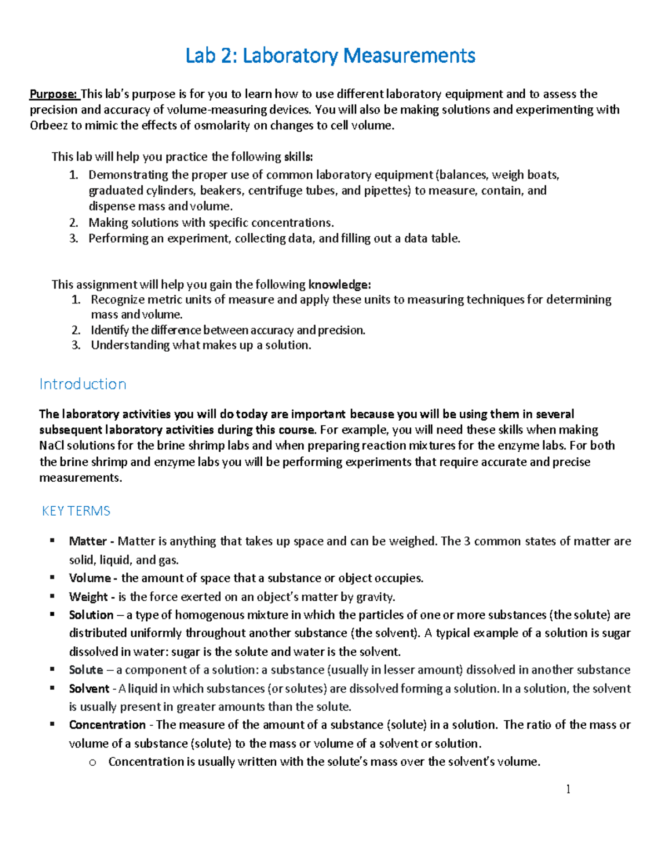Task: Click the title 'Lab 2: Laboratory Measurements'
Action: click(x=330, y=56)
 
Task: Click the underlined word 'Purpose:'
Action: click(x=53, y=94)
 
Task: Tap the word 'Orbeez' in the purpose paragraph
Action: click(x=48, y=125)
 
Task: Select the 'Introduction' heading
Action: click(x=83, y=384)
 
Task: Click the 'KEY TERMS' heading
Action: click(x=76, y=511)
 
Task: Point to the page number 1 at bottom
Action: click(x=568, y=789)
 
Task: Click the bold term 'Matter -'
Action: click(x=92, y=541)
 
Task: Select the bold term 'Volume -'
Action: click(x=93, y=578)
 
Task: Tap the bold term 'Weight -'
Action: click(x=92, y=597)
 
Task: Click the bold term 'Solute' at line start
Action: click(x=86, y=670)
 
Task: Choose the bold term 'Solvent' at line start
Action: click(x=89, y=689)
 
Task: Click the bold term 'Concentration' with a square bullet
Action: click(x=107, y=725)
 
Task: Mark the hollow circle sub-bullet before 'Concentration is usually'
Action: click(x=92, y=762)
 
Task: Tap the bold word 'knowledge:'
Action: click(x=339, y=285)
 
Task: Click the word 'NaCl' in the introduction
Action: click(x=51, y=446)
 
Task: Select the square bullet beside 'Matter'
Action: click(x=52, y=540)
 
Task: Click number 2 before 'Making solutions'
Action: click(x=73, y=223)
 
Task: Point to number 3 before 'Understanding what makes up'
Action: click(x=76, y=345)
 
